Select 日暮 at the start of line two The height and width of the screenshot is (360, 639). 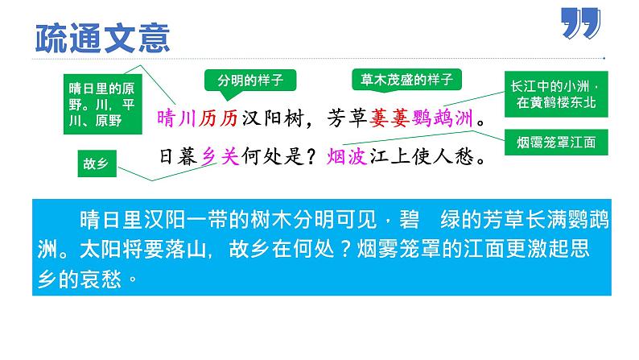tap(175, 155)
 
